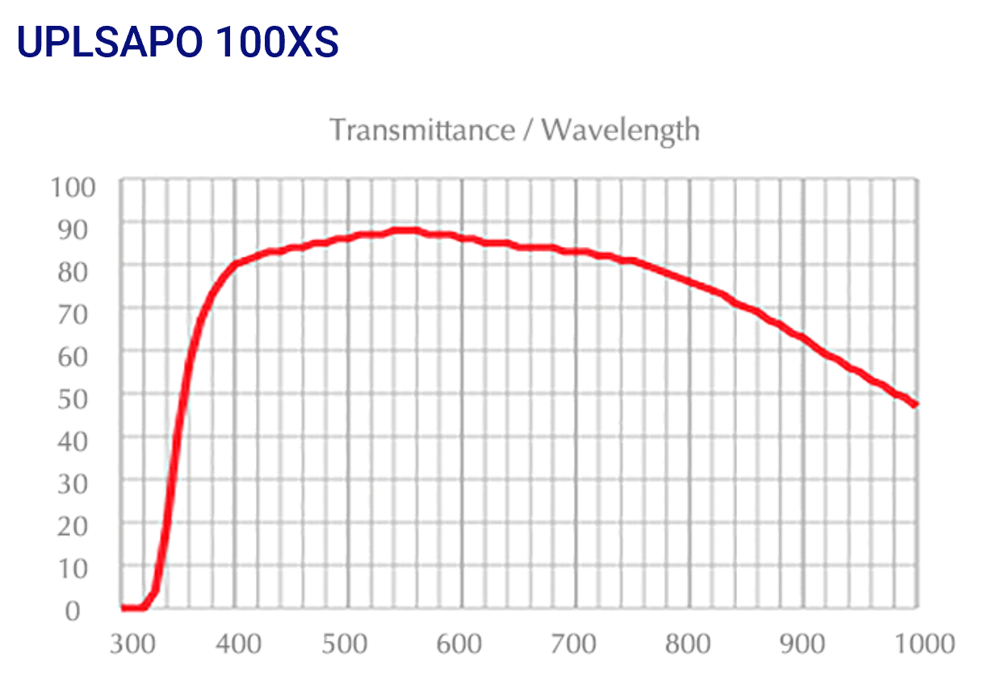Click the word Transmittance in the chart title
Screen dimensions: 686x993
tap(421, 129)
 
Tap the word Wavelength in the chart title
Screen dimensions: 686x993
tap(620, 129)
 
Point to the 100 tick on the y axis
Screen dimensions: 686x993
tap(73, 187)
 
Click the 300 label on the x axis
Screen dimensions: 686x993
tap(132, 644)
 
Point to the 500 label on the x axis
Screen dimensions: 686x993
tap(349, 644)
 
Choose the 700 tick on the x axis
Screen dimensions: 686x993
tap(576, 644)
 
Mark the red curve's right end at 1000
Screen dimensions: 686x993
tap(916, 404)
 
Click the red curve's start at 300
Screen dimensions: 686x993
tap(123, 607)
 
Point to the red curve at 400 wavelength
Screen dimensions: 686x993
tap(235, 264)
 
